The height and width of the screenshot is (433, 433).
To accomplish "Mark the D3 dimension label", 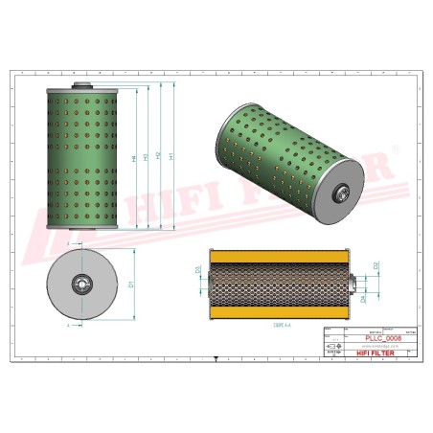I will coord(197,271).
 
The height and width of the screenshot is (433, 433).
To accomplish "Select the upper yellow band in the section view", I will coord(277,255).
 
